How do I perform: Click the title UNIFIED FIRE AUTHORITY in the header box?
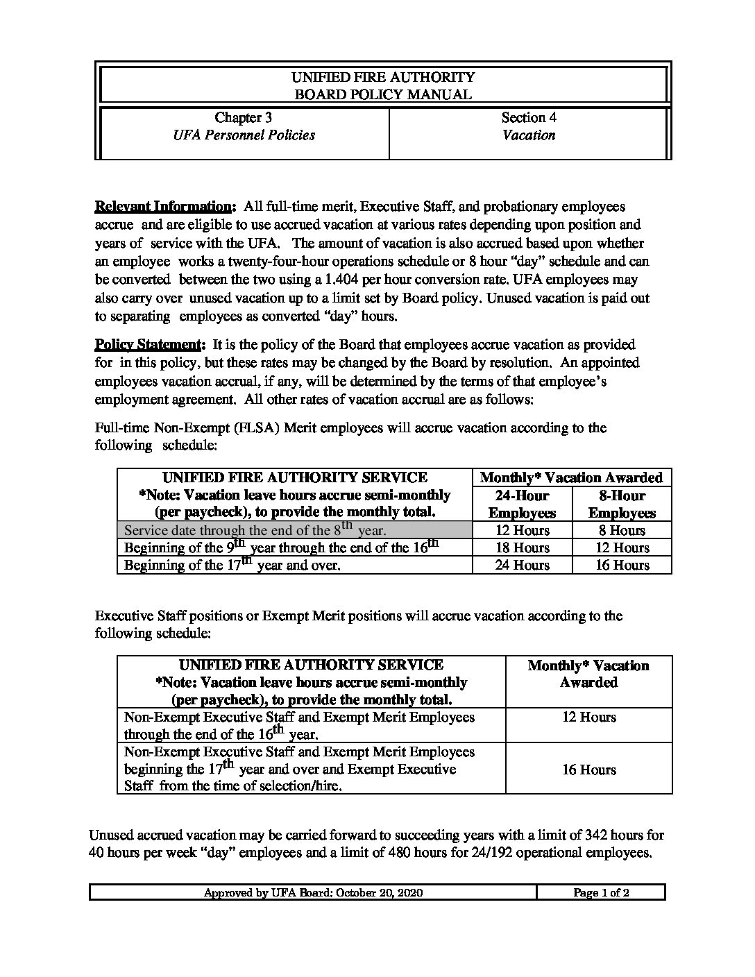point(383,77)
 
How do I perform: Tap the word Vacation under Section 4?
point(529,135)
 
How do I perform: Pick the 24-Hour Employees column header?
point(522,504)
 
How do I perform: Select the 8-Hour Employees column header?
point(622,504)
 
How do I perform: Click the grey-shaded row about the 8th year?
point(294,530)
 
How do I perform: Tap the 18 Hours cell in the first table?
point(522,547)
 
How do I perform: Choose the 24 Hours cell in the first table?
point(522,565)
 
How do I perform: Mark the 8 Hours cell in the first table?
point(622,530)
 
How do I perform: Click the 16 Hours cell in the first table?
point(622,565)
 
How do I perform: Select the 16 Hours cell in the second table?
point(588,770)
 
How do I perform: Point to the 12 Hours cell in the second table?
point(588,717)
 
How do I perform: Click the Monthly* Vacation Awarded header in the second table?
point(588,674)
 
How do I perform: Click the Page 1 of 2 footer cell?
point(601,893)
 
